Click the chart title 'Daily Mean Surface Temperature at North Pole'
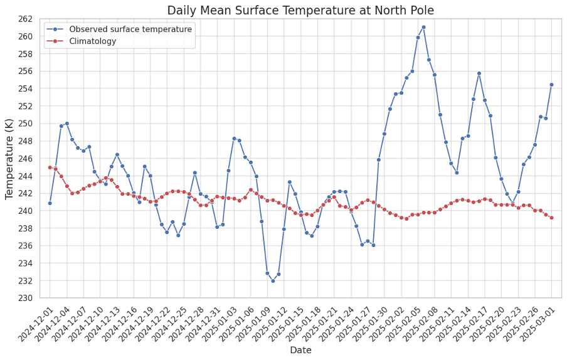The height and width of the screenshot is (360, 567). pyautogui.click(x=300, y=11)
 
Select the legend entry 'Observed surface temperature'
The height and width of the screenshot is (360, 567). pyautogui.click(x=130, y=29)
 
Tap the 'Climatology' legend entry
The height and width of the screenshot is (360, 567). pyautogui.click(x=92, y=41)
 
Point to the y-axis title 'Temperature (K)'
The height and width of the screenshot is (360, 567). pyautogui.click(x=10, y=159)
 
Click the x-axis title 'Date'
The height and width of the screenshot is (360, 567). pyautogui.click(x=300, y=350)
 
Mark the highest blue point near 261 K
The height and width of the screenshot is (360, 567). pyautogui.click(x=423, y=27)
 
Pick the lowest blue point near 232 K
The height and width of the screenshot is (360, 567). pyautogui.click(x=273, y=281)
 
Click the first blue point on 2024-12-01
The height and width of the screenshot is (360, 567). pyautogui.click(x=50, y=203)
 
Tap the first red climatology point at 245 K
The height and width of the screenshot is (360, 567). pyautogui.click(x=50, y=167)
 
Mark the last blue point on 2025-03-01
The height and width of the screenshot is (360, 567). pyautogui.click(x=551, y=85)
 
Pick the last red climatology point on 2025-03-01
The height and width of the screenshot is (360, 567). pyautogui.click(x=551, y=218)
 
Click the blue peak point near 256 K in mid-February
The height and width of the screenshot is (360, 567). pyautogui.click(x=479, y=73)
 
